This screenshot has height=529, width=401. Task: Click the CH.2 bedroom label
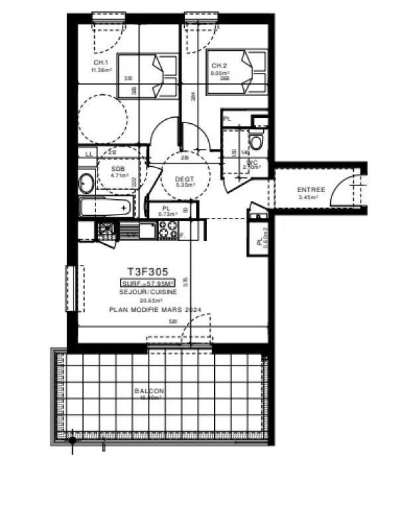click(x=220, y=66)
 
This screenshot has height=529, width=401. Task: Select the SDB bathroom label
click(x=118, y=169)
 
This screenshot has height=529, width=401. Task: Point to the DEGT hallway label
click(x=184, y=179)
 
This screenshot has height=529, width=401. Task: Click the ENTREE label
click(x=310, y=191)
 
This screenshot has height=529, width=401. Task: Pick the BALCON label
click(x=148, y=391)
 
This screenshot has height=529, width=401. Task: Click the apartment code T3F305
click(x=148, y=271)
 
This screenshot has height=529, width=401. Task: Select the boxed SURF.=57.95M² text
click(x=147, y=283)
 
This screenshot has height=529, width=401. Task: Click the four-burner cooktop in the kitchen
click(x=167, y=230)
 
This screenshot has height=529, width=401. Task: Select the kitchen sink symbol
click(x=106, y=230)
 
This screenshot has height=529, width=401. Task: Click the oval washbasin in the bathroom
click(x=86, y=181)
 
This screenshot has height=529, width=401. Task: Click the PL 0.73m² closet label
click(x=164, y=211)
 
